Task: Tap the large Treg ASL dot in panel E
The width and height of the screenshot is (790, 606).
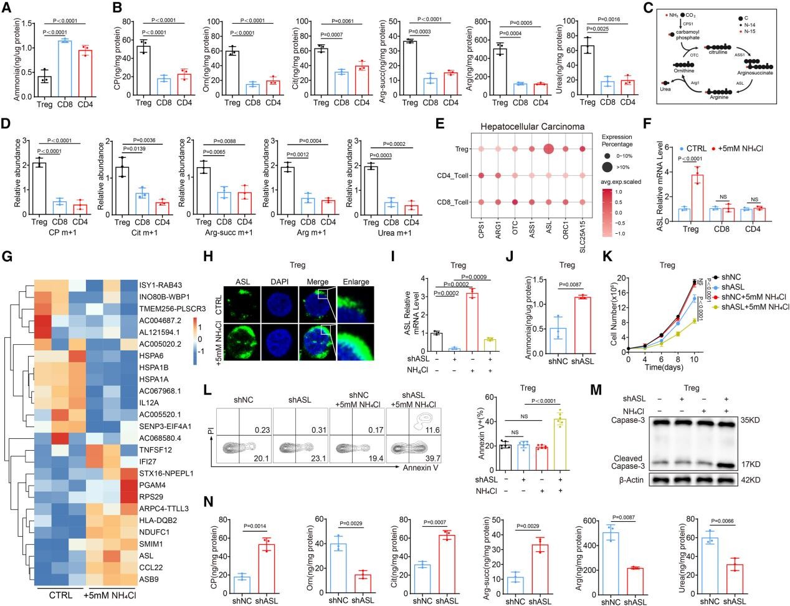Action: point(549,149)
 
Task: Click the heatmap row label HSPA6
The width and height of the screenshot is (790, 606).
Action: point(153,357)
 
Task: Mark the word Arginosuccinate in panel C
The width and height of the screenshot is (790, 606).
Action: point(756,72)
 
